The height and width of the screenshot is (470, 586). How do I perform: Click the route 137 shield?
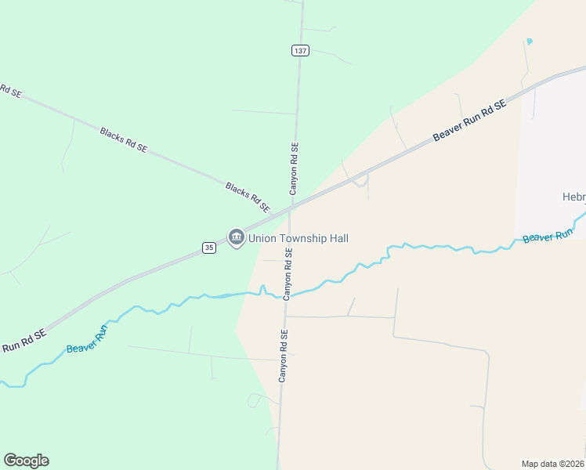pos(300,50)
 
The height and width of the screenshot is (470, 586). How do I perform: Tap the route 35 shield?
pos(208,248)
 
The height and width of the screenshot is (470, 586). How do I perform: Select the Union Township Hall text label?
pos(298,238)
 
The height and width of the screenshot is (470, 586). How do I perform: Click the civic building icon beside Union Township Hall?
pos(236,237)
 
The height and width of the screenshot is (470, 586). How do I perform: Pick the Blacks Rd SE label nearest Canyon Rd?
pos(248,197)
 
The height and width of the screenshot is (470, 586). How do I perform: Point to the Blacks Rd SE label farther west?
pos(123,139)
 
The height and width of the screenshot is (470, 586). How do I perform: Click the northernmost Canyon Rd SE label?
pos(295,168)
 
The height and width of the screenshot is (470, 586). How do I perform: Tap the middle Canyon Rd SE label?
pos(288,273)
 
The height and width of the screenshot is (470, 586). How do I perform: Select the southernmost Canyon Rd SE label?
pos(284,356)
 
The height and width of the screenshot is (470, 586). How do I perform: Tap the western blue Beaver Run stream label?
pos(86,338)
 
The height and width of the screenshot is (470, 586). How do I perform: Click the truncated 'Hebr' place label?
pos(573,197)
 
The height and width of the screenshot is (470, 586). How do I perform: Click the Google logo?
pos(26,461)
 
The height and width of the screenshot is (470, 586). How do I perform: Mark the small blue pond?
pos(530,41)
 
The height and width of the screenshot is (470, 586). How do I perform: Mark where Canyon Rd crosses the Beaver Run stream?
pos(285,295)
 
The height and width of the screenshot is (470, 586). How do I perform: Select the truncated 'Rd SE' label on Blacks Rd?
pos(10,91)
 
